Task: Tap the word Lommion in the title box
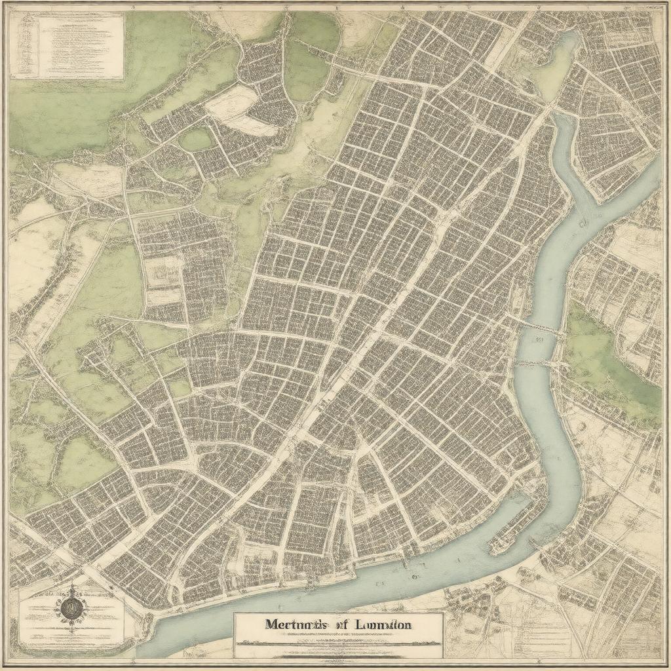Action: click(381, 624)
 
